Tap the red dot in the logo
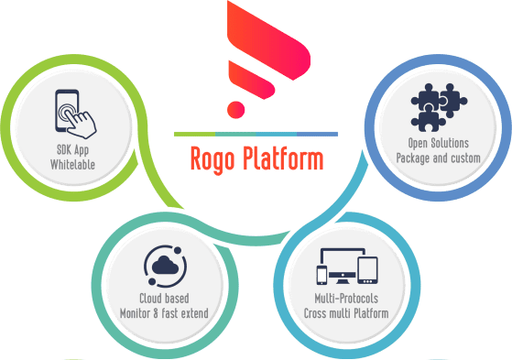coord(236,109)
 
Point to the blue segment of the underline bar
coord(311,135)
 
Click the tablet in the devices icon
coord(369,270)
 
